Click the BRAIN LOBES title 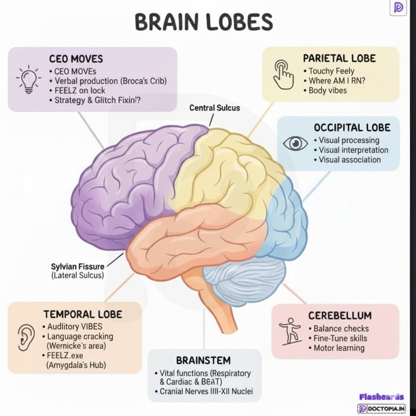pos(204,22)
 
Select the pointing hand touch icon pos(283,74)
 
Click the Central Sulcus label pos(214,108)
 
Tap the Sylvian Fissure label pos(78,266)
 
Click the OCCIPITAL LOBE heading pos(352,128)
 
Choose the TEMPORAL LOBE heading pos(83,314)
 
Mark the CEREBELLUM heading pos(340,316)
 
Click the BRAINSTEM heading pos(204,360)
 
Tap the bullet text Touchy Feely pos(331,71)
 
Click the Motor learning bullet pos(339,348)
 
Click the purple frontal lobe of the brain pos(122,183)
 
